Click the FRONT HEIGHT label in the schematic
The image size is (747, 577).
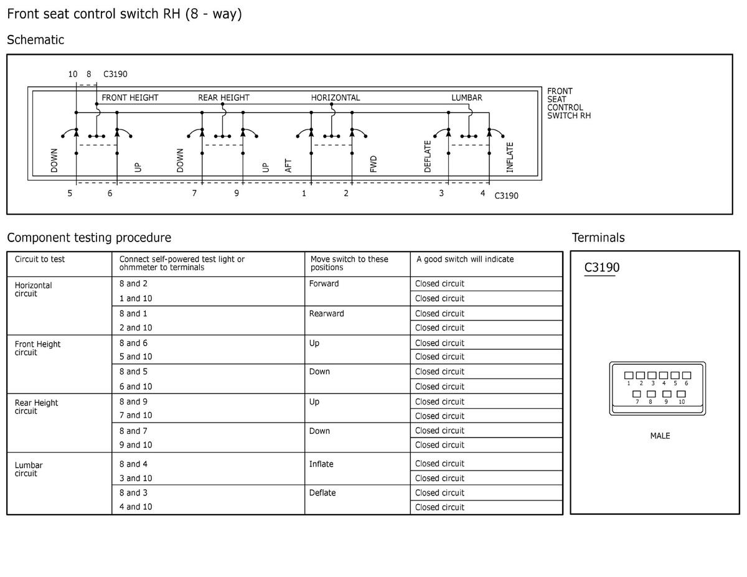coord(129,98)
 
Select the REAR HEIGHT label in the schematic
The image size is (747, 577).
coord(223,98)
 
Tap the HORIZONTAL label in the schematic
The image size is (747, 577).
coord(336,98)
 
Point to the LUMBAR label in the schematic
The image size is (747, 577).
coord(466,98)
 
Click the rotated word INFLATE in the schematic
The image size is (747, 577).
coord(510,157)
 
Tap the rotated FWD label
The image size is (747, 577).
coord(373,164)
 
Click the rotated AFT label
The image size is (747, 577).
coord(288,165)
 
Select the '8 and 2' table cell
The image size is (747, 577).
coord(133,283)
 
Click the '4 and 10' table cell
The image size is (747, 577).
coord(135,507)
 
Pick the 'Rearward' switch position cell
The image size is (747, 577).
coord(326,313)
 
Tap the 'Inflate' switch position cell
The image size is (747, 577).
coord(321,464)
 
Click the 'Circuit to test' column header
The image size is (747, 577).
coord(40,259)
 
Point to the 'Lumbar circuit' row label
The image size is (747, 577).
coord(29,469)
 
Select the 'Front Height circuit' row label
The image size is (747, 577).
coord(37,348)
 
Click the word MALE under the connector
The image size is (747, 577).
coord(660,436)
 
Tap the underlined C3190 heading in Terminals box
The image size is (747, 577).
coord(601,268)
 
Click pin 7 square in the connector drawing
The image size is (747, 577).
coord(637,394)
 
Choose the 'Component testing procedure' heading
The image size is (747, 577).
coord(88,237)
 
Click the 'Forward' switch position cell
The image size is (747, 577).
coord(324,283)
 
